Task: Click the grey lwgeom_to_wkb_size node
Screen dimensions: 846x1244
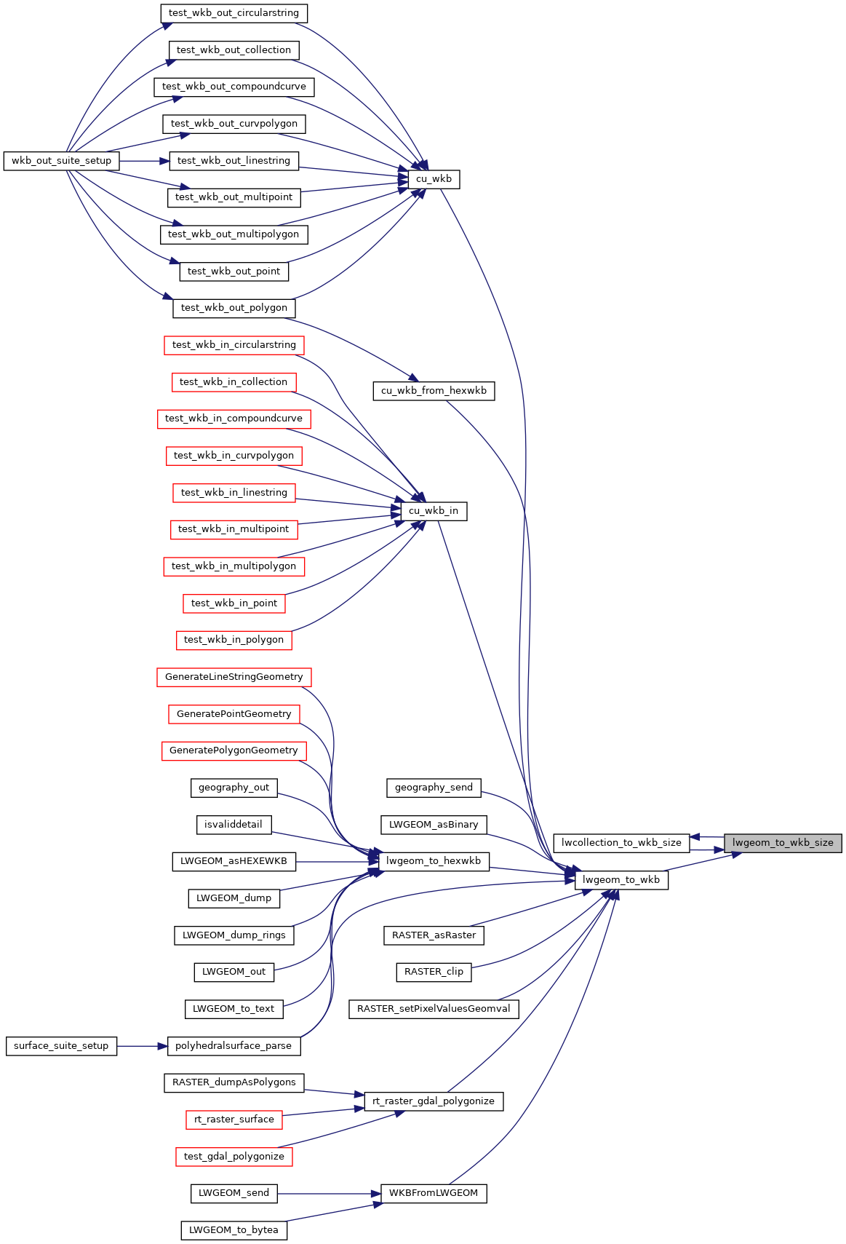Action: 783,842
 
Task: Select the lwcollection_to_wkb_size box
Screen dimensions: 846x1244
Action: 621,842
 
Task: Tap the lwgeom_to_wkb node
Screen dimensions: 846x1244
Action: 621,880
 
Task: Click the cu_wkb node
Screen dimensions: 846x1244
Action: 434,179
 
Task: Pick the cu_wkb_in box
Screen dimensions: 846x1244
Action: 434,511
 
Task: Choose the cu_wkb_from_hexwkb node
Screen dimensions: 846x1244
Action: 434,391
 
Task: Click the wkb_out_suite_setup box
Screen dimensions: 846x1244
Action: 61,161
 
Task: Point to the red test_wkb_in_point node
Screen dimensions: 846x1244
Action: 234,603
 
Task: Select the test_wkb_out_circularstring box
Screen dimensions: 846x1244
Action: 234,13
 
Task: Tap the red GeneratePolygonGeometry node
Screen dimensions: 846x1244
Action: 234,751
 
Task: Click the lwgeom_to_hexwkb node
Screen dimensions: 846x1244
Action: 434,861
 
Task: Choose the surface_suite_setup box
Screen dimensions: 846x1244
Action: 61,1046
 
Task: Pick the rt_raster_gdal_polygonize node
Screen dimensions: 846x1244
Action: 434,1101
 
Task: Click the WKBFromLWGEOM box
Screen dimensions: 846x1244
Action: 434,1194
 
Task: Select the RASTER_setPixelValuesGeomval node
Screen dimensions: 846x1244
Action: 434,1009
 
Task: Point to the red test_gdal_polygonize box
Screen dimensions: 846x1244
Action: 234,1157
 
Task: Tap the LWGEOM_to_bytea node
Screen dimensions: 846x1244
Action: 234,1230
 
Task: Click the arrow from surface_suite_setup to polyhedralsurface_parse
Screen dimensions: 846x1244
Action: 142,1046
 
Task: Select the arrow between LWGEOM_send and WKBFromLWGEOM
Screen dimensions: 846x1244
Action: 330,1194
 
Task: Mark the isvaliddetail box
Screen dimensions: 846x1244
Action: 234,825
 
